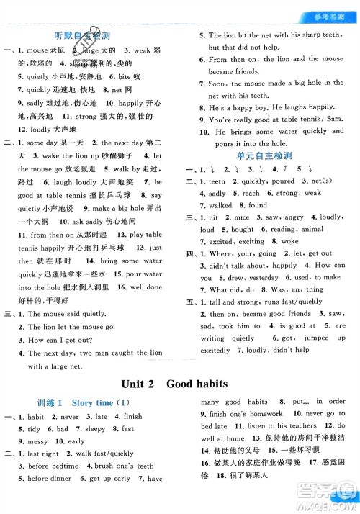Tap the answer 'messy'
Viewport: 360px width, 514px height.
point(37,441)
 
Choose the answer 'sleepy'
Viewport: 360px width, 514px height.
point(96,428)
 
